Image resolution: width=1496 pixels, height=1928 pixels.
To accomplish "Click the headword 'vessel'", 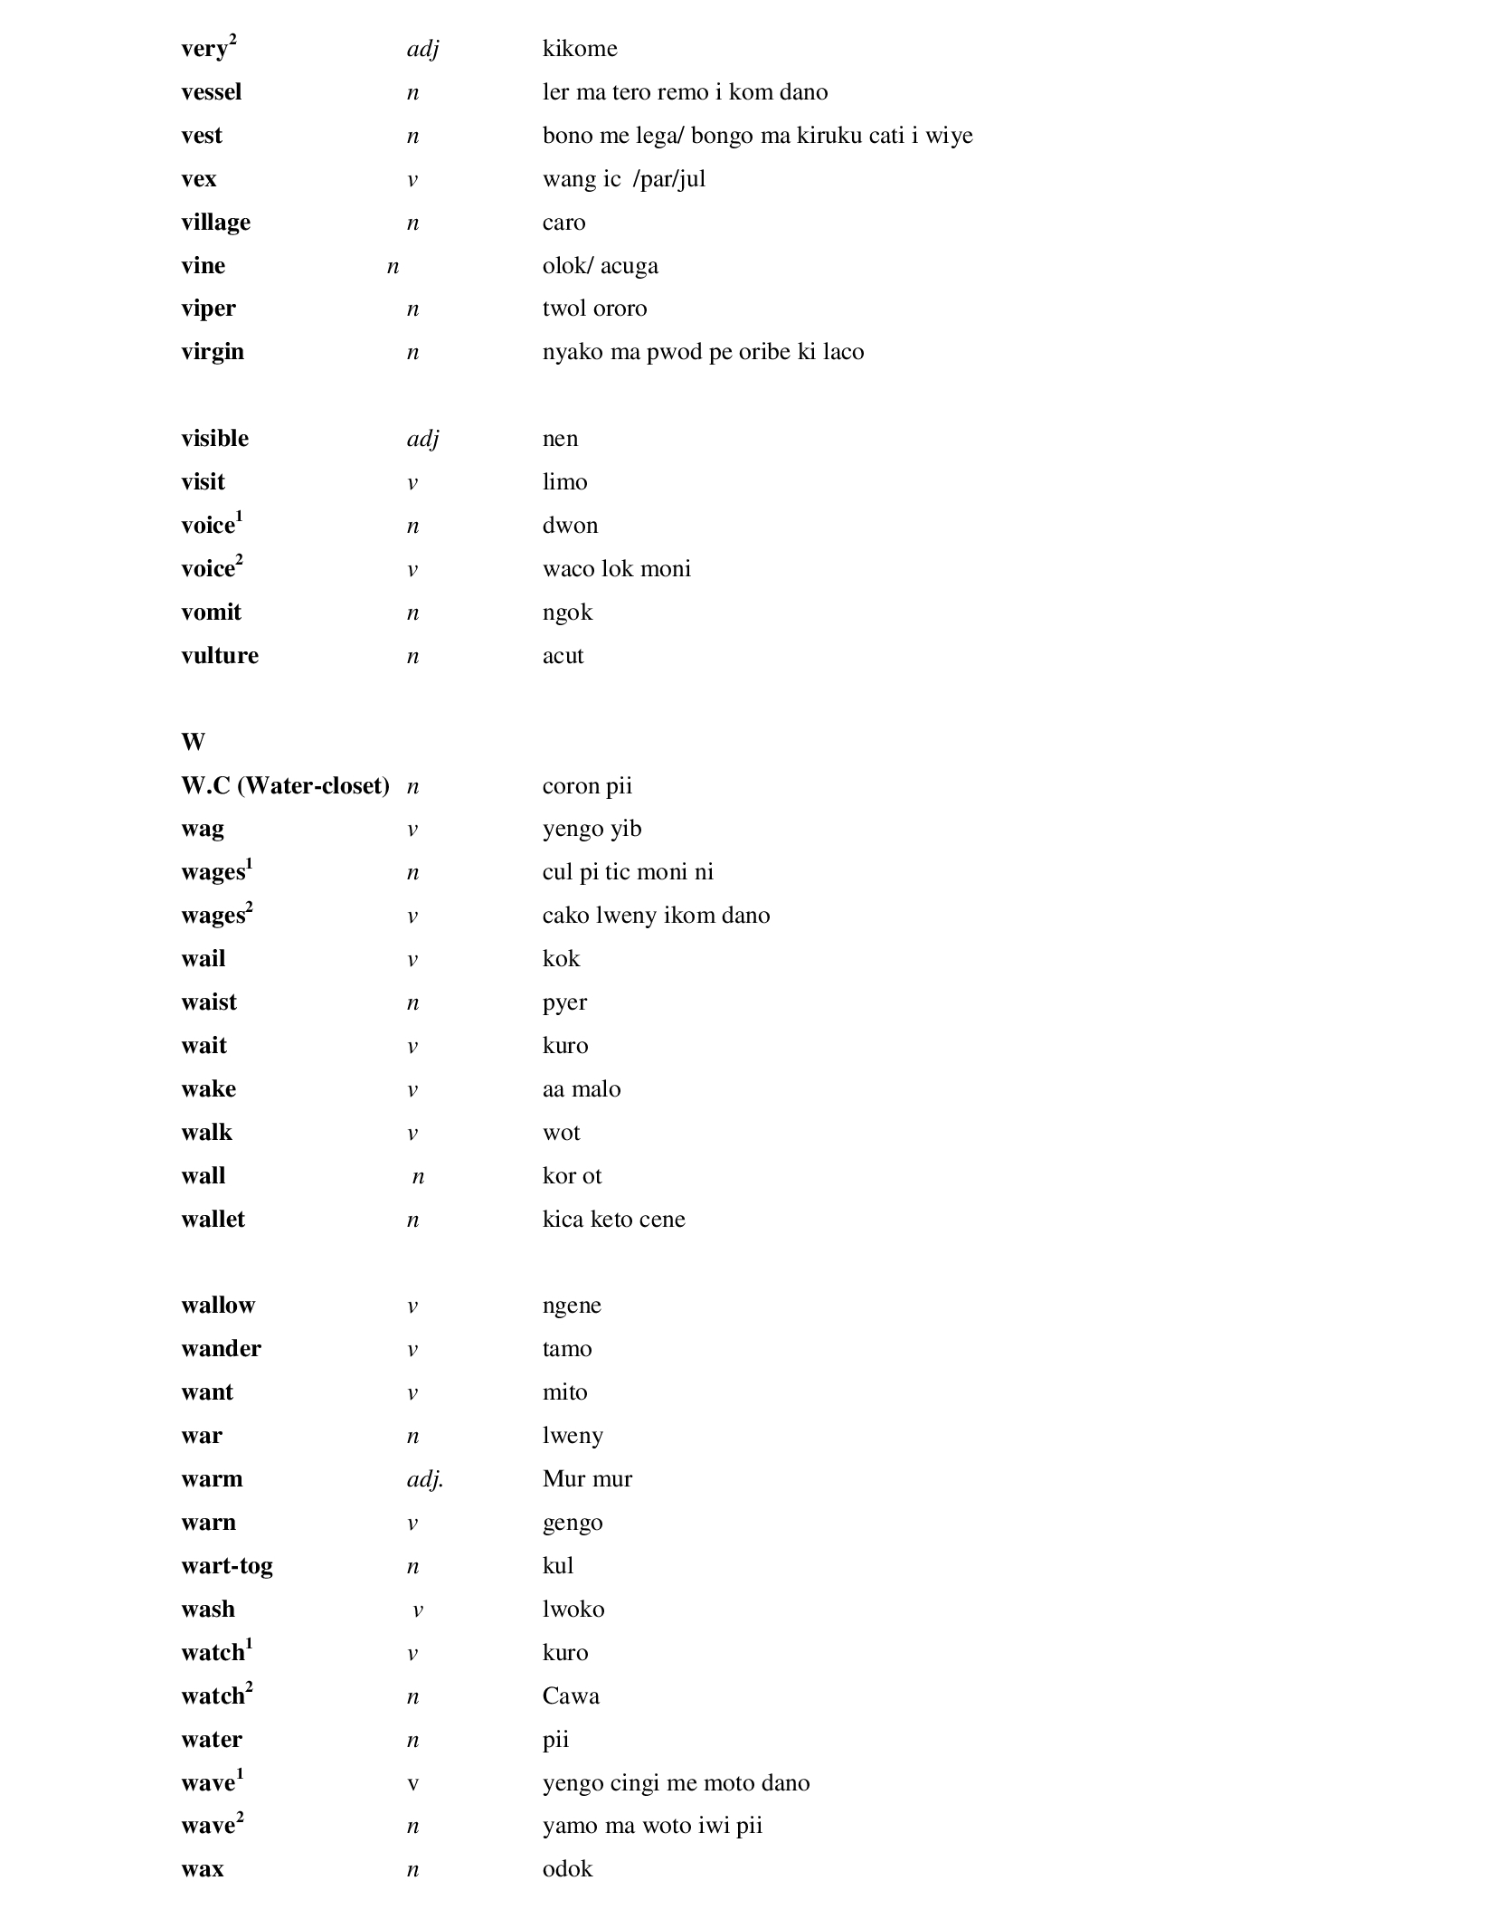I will click(211, 92).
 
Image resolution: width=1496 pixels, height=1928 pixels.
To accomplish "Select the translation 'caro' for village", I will click(563, 223).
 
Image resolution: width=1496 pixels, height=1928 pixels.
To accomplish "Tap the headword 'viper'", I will click(208, 309).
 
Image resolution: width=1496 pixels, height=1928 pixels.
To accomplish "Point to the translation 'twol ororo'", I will click(594, 309).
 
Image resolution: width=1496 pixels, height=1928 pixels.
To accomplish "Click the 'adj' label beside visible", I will click(422, 439).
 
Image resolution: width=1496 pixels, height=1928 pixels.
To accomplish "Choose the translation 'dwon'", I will click(570, 526).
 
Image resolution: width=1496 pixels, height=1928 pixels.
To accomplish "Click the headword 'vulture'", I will click(219, 656).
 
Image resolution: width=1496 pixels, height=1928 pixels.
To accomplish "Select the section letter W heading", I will click(193, 743).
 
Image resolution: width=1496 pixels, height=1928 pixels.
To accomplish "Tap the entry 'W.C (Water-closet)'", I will click(285, 785).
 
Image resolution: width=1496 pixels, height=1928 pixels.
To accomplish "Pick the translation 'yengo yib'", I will click(592, 829).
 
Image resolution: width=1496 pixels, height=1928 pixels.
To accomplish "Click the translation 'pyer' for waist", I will click(564, 1002).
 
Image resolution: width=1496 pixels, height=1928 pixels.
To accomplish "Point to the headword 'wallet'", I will click(213, 1220).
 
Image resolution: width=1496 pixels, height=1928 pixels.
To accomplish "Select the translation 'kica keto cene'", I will click(613, 1220).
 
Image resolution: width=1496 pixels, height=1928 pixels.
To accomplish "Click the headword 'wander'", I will click(221, 1349).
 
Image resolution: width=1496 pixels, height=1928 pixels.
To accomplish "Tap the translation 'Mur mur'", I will click(587, 1479).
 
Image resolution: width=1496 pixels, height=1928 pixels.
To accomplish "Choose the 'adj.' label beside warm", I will click(424, 1479).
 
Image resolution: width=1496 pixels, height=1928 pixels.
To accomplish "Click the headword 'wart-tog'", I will click(226, 1566).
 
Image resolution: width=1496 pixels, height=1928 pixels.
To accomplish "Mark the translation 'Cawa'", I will click(571, 1696).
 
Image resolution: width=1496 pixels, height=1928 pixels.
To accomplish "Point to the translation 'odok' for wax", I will click(567, 1869).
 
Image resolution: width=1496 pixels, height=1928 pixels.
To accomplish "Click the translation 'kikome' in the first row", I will click(580, 49).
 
